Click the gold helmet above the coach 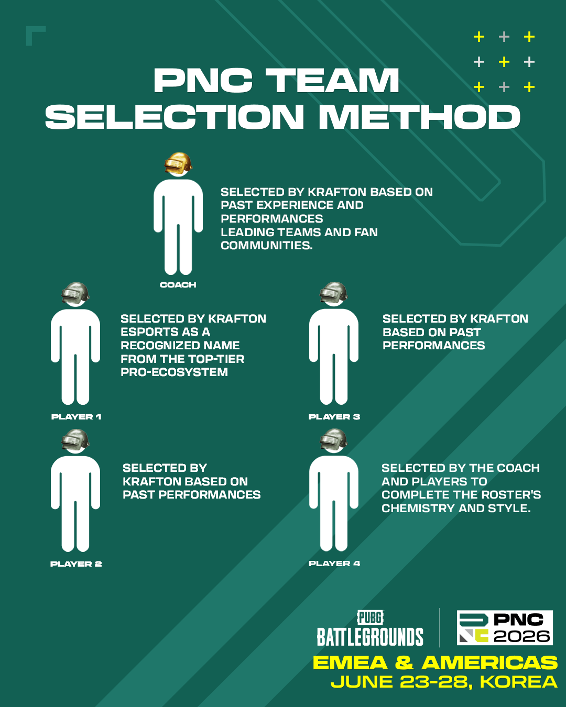click(178, 163)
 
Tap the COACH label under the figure click(178, 285)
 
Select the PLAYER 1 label click(76, 417)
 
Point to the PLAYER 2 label click(76, 564)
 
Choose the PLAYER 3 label click(334, 417)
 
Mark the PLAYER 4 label click(334, 564)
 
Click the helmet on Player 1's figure click(75, 293)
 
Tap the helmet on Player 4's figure click(333, 439)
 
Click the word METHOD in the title click(419, 117)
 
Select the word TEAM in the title click(332, 81)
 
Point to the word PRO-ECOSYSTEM click(175, 372)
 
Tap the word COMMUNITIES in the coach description click(267, 246)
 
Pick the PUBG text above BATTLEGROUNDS click(371, 617)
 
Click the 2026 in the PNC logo click(521, 636)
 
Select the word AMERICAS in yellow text click(489, 662)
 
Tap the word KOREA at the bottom click(519, 682)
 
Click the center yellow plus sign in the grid click(504, 62)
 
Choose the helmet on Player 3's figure click(333, 293)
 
